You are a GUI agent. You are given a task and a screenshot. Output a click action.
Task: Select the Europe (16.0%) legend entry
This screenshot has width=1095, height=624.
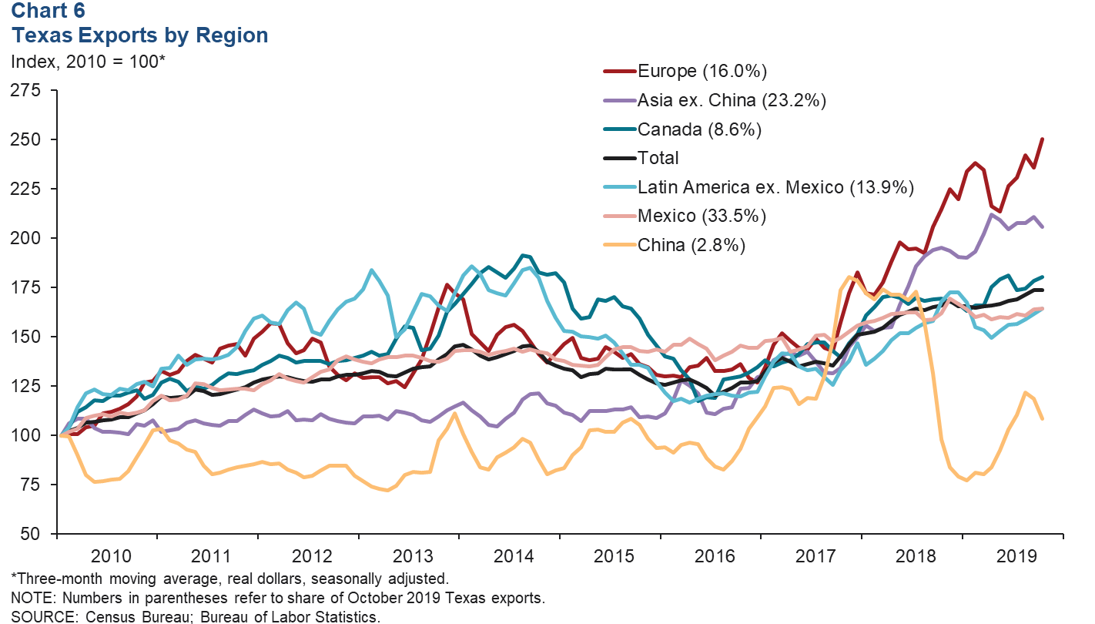tap(702, 72)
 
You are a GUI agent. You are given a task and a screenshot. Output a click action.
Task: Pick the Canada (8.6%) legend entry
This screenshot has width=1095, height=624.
tap(699, 129)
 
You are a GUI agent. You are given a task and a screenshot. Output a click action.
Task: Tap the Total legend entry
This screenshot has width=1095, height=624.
tap(658, 158)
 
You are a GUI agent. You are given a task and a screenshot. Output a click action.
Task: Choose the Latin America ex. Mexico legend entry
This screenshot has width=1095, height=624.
tap(775, 186)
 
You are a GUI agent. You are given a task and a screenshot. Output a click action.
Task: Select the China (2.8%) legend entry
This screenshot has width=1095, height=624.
tap(691, 244)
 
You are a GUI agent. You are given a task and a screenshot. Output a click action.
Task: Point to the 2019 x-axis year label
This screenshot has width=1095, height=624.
tap(1013, 556)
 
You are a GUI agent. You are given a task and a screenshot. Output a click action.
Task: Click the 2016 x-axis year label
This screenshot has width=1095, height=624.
tap(714, 556)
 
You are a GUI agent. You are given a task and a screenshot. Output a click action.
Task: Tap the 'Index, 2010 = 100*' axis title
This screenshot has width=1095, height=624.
tap(88, 62)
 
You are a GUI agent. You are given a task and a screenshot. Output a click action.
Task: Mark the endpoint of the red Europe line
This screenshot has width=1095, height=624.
tap(1043, 139)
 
